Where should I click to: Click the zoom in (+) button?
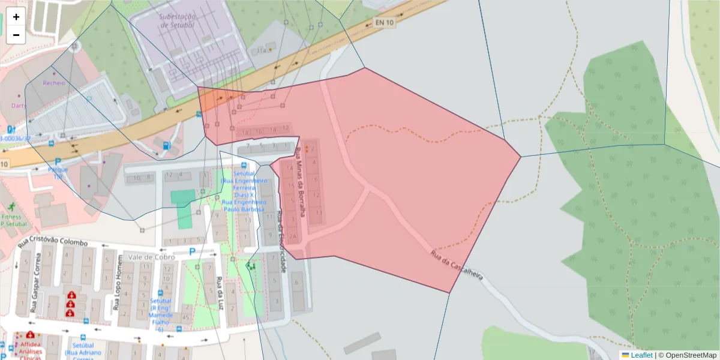coord(16,17)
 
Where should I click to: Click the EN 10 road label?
coord(384,23)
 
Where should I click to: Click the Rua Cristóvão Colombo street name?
coord(53,242)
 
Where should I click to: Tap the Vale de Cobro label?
coord(151,257)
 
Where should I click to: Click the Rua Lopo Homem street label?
coord(115,289)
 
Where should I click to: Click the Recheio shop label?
coord(54,83)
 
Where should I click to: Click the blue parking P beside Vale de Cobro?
coord(192,252)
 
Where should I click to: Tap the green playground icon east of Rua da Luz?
coord(250,265)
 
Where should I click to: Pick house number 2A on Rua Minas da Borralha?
coord(293,237)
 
